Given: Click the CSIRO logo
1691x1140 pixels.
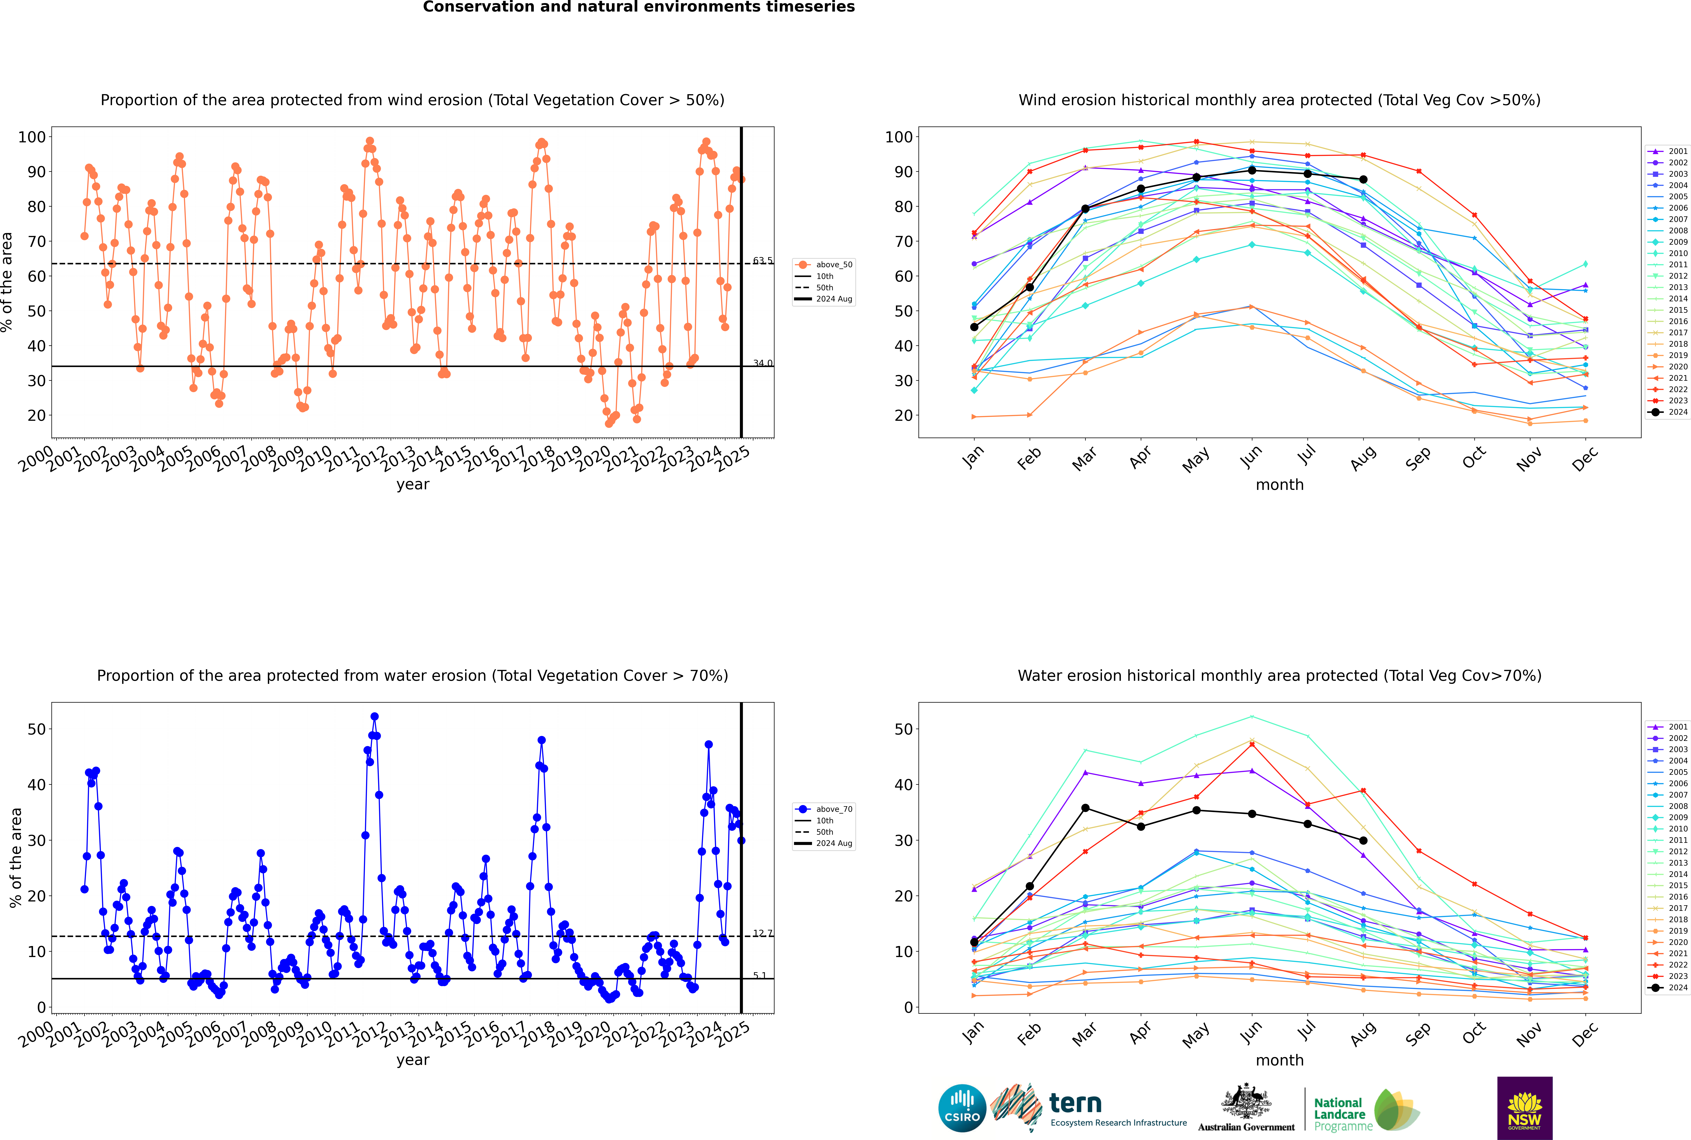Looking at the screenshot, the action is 962,1108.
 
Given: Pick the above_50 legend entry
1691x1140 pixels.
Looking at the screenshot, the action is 824,265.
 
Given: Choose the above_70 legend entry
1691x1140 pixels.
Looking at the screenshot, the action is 824,809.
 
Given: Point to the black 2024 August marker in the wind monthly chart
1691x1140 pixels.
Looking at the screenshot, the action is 1363,180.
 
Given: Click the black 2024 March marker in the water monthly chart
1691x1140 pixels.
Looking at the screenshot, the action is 1085,808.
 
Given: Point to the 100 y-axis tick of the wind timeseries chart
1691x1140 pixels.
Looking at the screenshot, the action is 32,137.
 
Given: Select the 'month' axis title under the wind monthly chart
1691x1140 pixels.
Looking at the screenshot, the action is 1279,485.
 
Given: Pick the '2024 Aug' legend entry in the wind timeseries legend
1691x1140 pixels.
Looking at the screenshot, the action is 824,299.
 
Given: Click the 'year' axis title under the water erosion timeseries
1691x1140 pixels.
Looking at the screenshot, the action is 413,1060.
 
